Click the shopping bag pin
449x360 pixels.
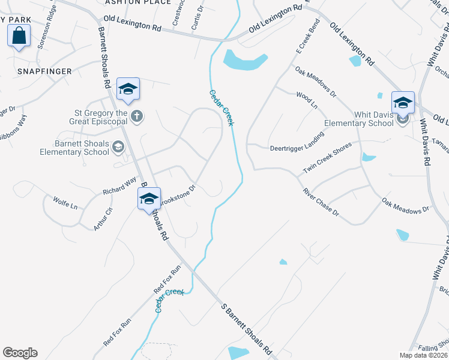pos(19,35)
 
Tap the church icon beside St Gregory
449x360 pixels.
pos(137,116)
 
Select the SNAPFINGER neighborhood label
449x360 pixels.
pos(44,71)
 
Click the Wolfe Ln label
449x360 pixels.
pos(65,202)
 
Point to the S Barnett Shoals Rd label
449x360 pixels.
pos(247,329)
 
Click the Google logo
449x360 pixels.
pos(20,353)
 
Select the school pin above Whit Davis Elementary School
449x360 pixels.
pos(403,102)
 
